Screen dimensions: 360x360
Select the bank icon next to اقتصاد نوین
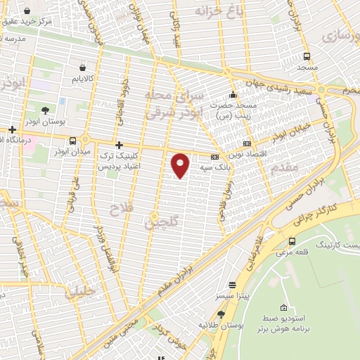coord(247,144)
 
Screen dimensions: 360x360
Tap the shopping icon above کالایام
coord(84,68)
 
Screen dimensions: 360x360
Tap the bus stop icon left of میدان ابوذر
coord(72,140)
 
